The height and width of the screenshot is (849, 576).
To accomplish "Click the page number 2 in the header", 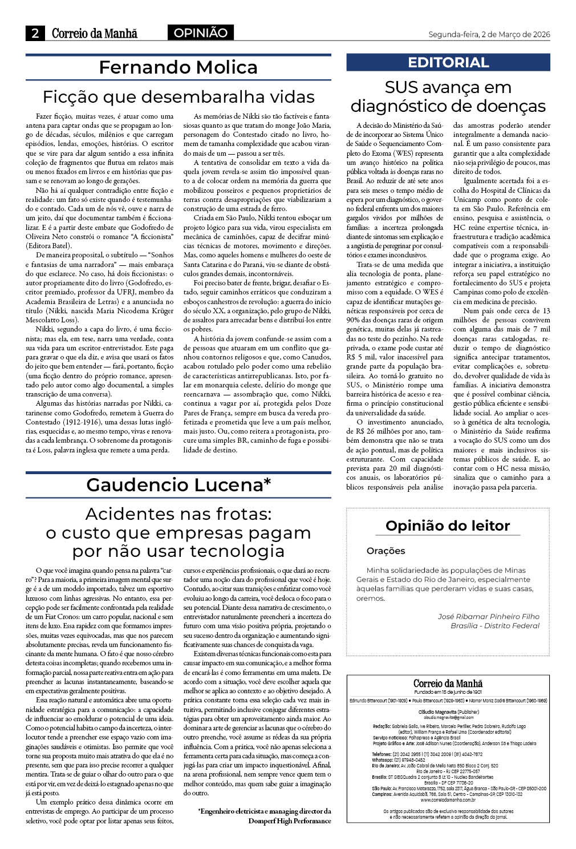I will (x=35, y=34).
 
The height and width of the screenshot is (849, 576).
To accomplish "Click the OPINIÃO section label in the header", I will (x=200, y=33).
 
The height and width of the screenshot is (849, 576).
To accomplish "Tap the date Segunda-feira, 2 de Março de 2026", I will (x=489, y=34).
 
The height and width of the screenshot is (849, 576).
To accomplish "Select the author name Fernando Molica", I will (x=178, y=67).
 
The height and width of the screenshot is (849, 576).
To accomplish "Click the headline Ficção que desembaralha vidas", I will (x=179, y=96).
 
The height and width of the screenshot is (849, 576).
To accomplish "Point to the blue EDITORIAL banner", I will (x=448, y=63).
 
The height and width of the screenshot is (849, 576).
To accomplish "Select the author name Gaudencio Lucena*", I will (x=178, y=485).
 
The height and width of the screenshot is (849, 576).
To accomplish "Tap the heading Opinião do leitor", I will (x=448, y=525).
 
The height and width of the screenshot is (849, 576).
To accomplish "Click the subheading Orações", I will (x=386, y=551).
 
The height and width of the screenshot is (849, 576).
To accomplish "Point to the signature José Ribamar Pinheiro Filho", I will (x=488, y=616).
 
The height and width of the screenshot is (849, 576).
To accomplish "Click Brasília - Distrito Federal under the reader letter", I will (x=494, y=626).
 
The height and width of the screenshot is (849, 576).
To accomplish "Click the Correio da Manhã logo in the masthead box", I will (x=448, y=684).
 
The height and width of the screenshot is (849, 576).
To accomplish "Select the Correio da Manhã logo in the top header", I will (x=95, y=34).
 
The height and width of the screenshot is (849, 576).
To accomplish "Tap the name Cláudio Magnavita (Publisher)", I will (x=448, y=713).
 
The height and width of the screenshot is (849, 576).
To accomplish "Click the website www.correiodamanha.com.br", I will (x=448, y=800).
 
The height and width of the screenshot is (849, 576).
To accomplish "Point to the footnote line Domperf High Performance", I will (x=289, y=820).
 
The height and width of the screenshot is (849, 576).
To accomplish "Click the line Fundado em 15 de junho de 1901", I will (x=448, y=692).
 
